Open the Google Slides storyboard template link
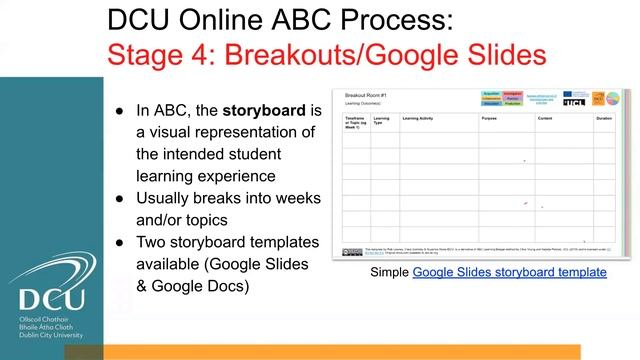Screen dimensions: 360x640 [509, 272]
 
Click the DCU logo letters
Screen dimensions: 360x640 [46, 297]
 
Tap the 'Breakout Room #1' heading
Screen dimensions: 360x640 [365, 93]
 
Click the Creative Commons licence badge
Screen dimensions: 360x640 [353, 252]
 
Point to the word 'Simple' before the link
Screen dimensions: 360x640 [389, 272]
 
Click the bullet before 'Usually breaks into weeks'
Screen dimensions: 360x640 [115, 198]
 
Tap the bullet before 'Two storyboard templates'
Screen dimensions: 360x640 [115, 242]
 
